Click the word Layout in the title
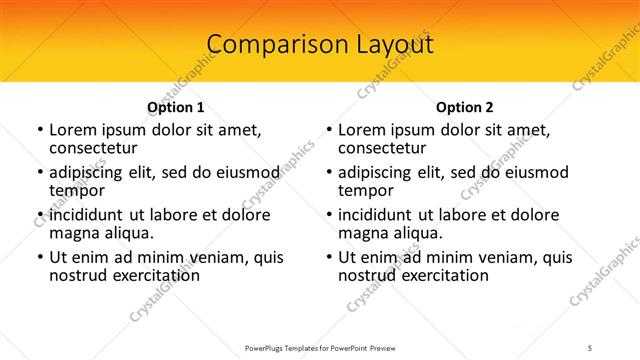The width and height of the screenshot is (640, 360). click(387, 45)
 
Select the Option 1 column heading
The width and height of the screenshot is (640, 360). click(176, 107)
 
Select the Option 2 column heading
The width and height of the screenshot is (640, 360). click(465, 107)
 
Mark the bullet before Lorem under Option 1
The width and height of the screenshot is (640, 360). click(39, 130)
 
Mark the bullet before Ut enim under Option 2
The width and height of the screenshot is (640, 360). click(328, 258)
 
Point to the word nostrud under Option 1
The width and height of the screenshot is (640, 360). click(77, 275)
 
